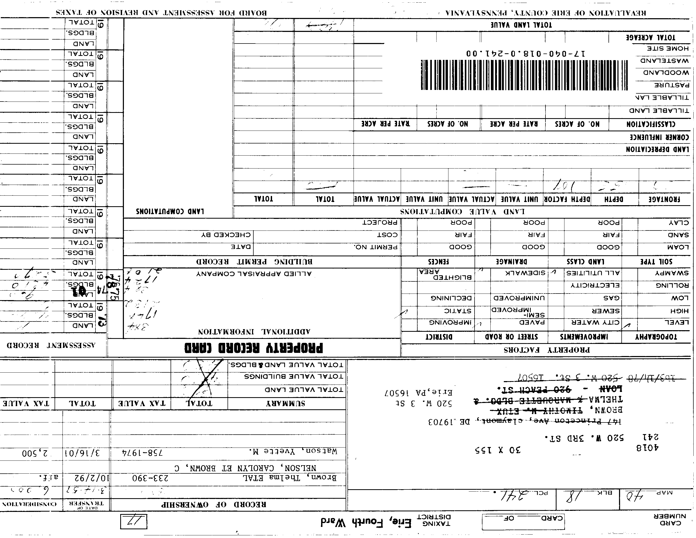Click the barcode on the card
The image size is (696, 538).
[x=524, y=75]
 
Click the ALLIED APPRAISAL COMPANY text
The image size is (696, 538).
[x=254, y=273]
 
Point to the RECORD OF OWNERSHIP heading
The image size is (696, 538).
[x=214, y=505]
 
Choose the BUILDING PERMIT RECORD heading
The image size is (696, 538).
[x=254, y=262]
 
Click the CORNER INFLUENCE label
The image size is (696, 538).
[x=659, y=137]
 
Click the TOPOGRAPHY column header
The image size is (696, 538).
[x=656, y=337]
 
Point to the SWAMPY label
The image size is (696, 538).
[x=672, y=273]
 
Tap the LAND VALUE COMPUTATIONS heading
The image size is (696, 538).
[x=462, y=212]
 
